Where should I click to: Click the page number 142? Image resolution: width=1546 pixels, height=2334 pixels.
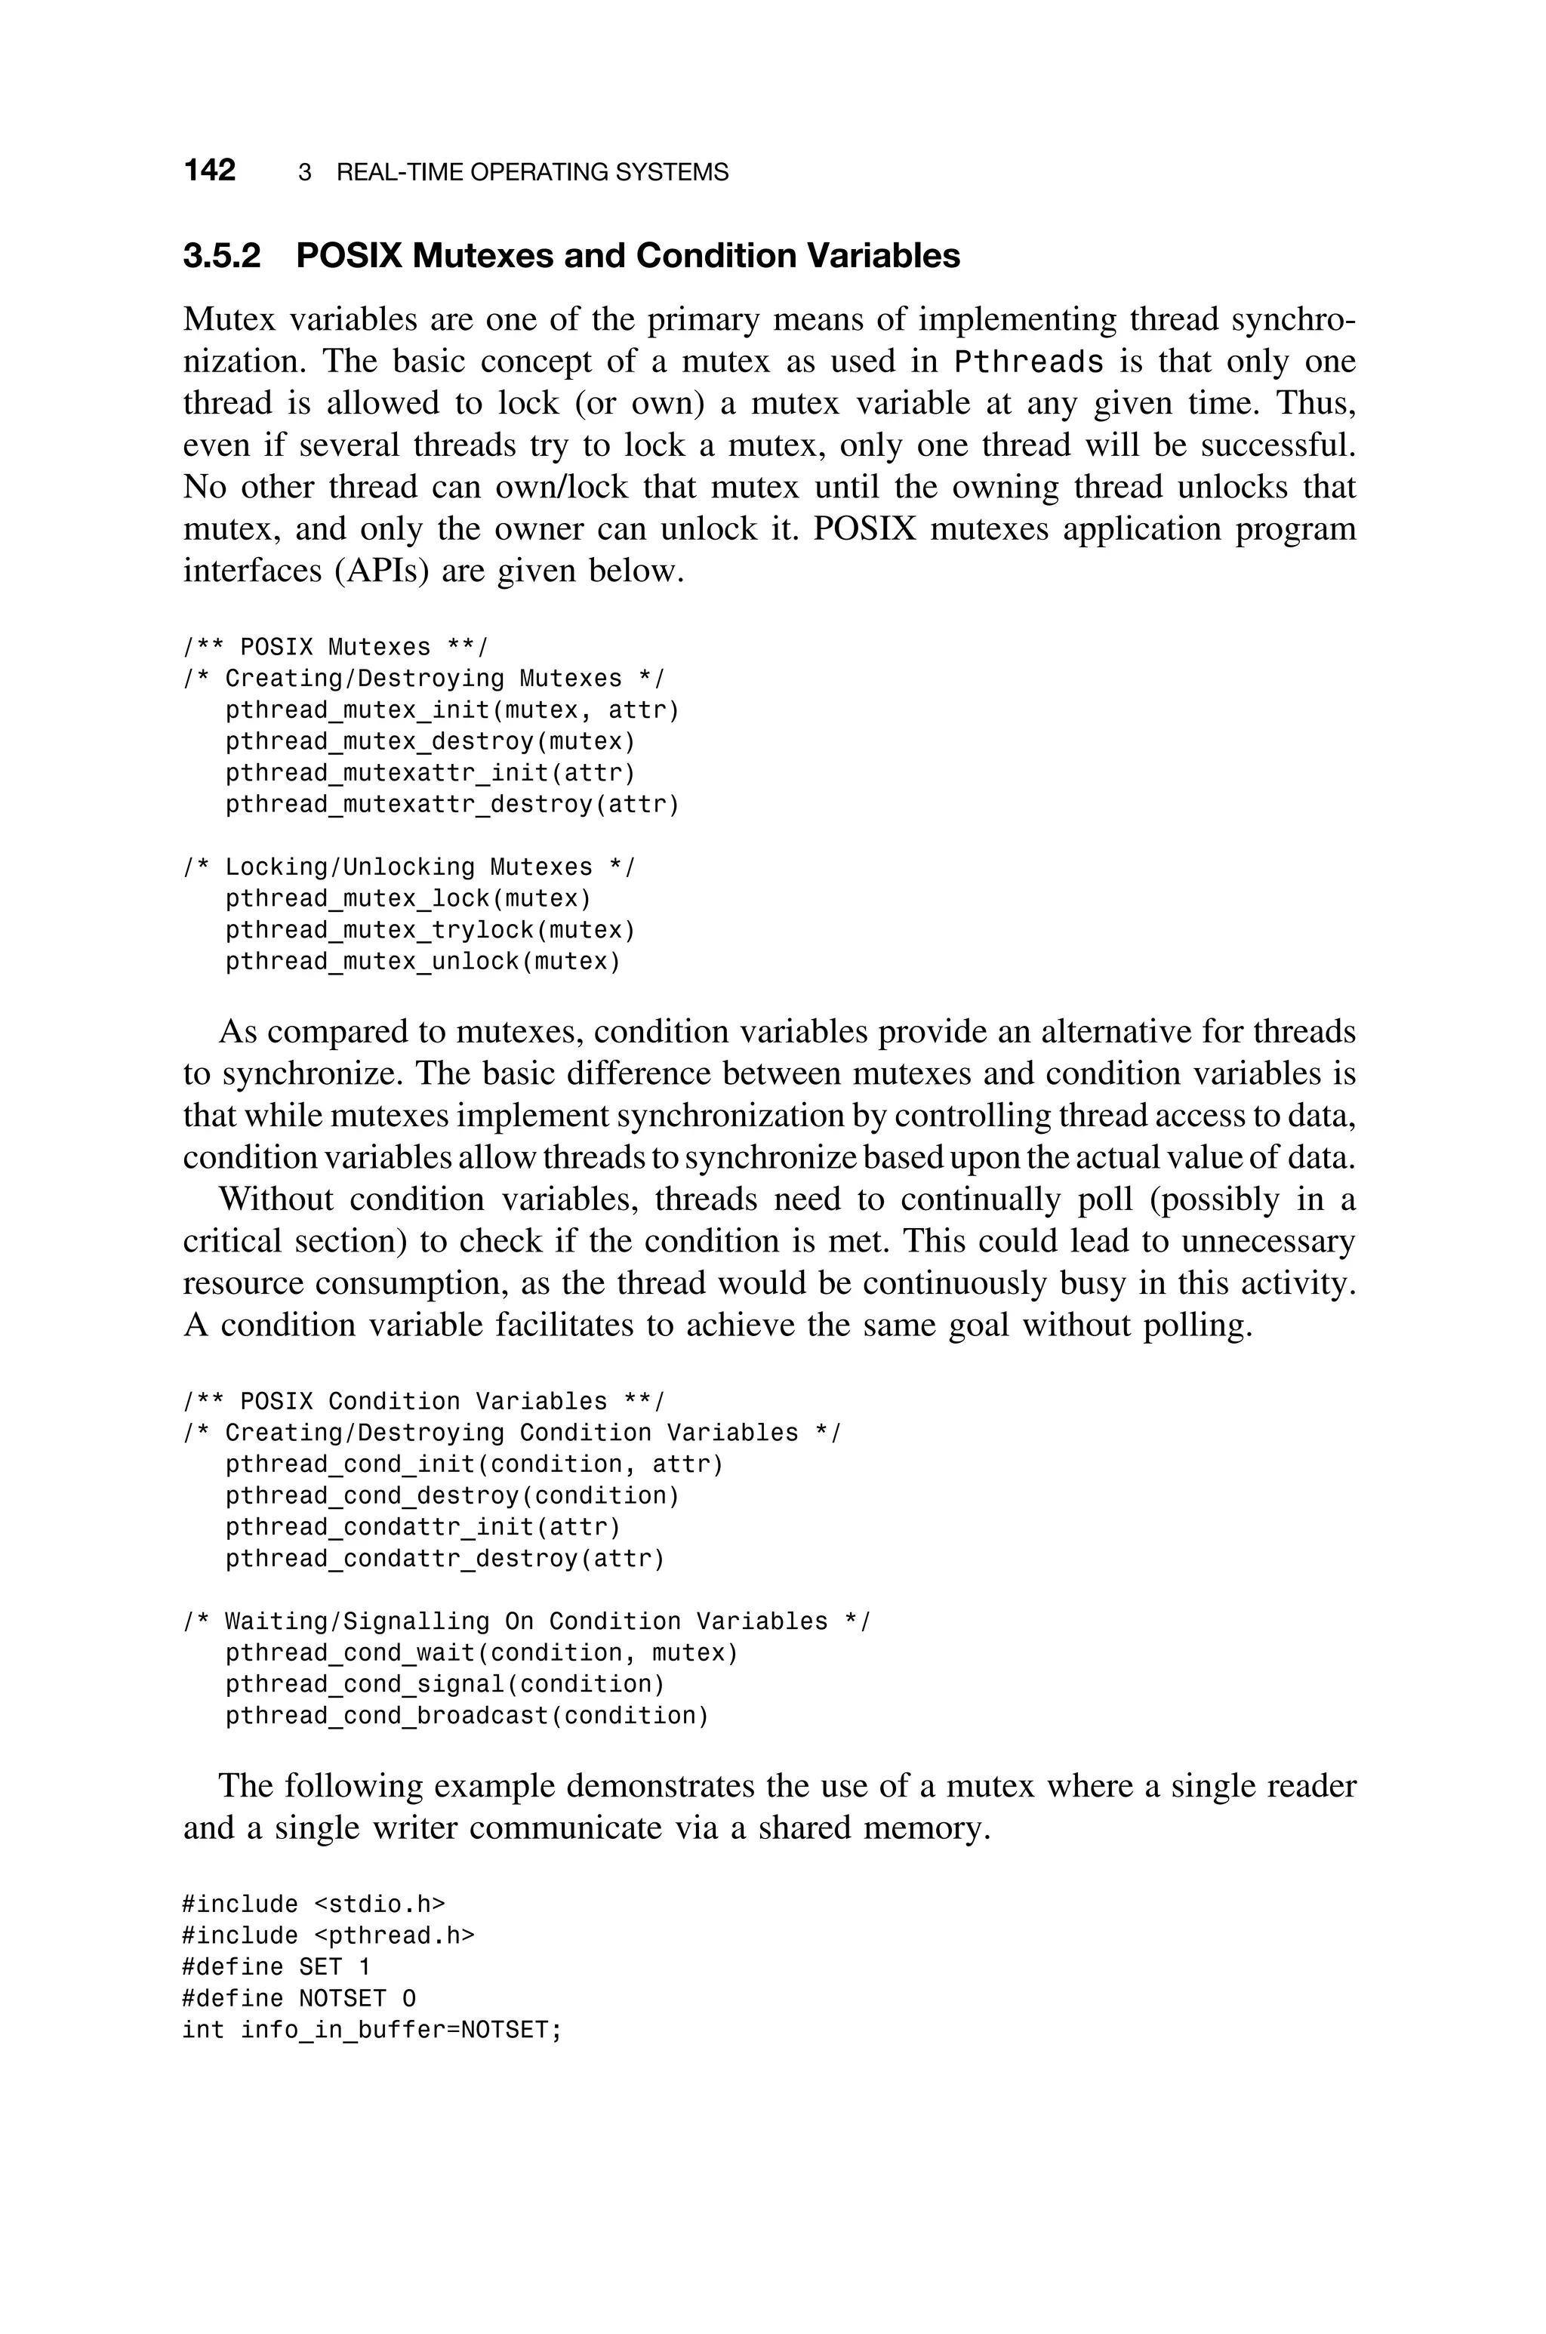tap(209, 171)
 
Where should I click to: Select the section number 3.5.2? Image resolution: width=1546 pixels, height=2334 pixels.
tap(222, 256)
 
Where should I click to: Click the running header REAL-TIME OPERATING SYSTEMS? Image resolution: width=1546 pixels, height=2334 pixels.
tap(532, 173)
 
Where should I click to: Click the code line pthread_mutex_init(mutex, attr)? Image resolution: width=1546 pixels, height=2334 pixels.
tap(453, 710)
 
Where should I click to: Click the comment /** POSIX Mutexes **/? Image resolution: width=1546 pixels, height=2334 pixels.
tap(335, 648)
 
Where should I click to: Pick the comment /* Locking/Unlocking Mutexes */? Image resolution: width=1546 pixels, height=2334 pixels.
tap(409, 867)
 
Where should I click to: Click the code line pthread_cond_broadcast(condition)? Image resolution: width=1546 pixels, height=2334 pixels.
tap(467, 1716)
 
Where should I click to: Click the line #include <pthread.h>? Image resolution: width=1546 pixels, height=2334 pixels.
tap(328, 1935)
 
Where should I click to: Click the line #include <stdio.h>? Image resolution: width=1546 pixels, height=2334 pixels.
tap(313, 1904)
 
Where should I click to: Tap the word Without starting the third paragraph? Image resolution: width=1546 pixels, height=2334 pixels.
tap(276, 1200)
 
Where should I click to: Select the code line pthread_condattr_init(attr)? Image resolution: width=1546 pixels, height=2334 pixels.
tap(423, 1528)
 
